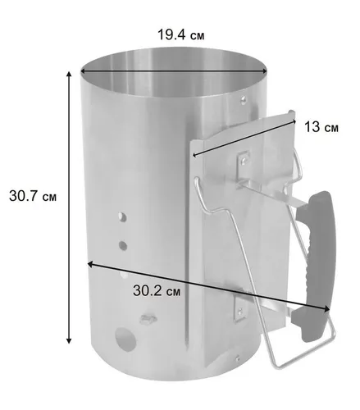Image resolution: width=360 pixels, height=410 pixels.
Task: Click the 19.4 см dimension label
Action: [x=180, y=35]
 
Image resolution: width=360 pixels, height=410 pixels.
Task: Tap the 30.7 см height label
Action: [x=33, y=196]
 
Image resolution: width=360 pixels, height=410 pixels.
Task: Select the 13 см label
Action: [x=321, y=127]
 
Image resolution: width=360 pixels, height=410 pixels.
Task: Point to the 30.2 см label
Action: [x=157, y=290]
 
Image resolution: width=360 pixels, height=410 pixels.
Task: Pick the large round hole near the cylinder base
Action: [x=125, y=339]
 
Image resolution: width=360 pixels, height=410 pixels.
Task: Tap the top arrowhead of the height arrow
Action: [x=69, y=74]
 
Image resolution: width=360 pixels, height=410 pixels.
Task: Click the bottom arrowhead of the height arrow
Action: [x=69, y=340]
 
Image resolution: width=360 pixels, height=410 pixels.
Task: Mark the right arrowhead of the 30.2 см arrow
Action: [x=327, y=309]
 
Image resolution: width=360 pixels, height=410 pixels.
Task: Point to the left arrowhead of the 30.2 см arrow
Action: [x=90, y=264]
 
